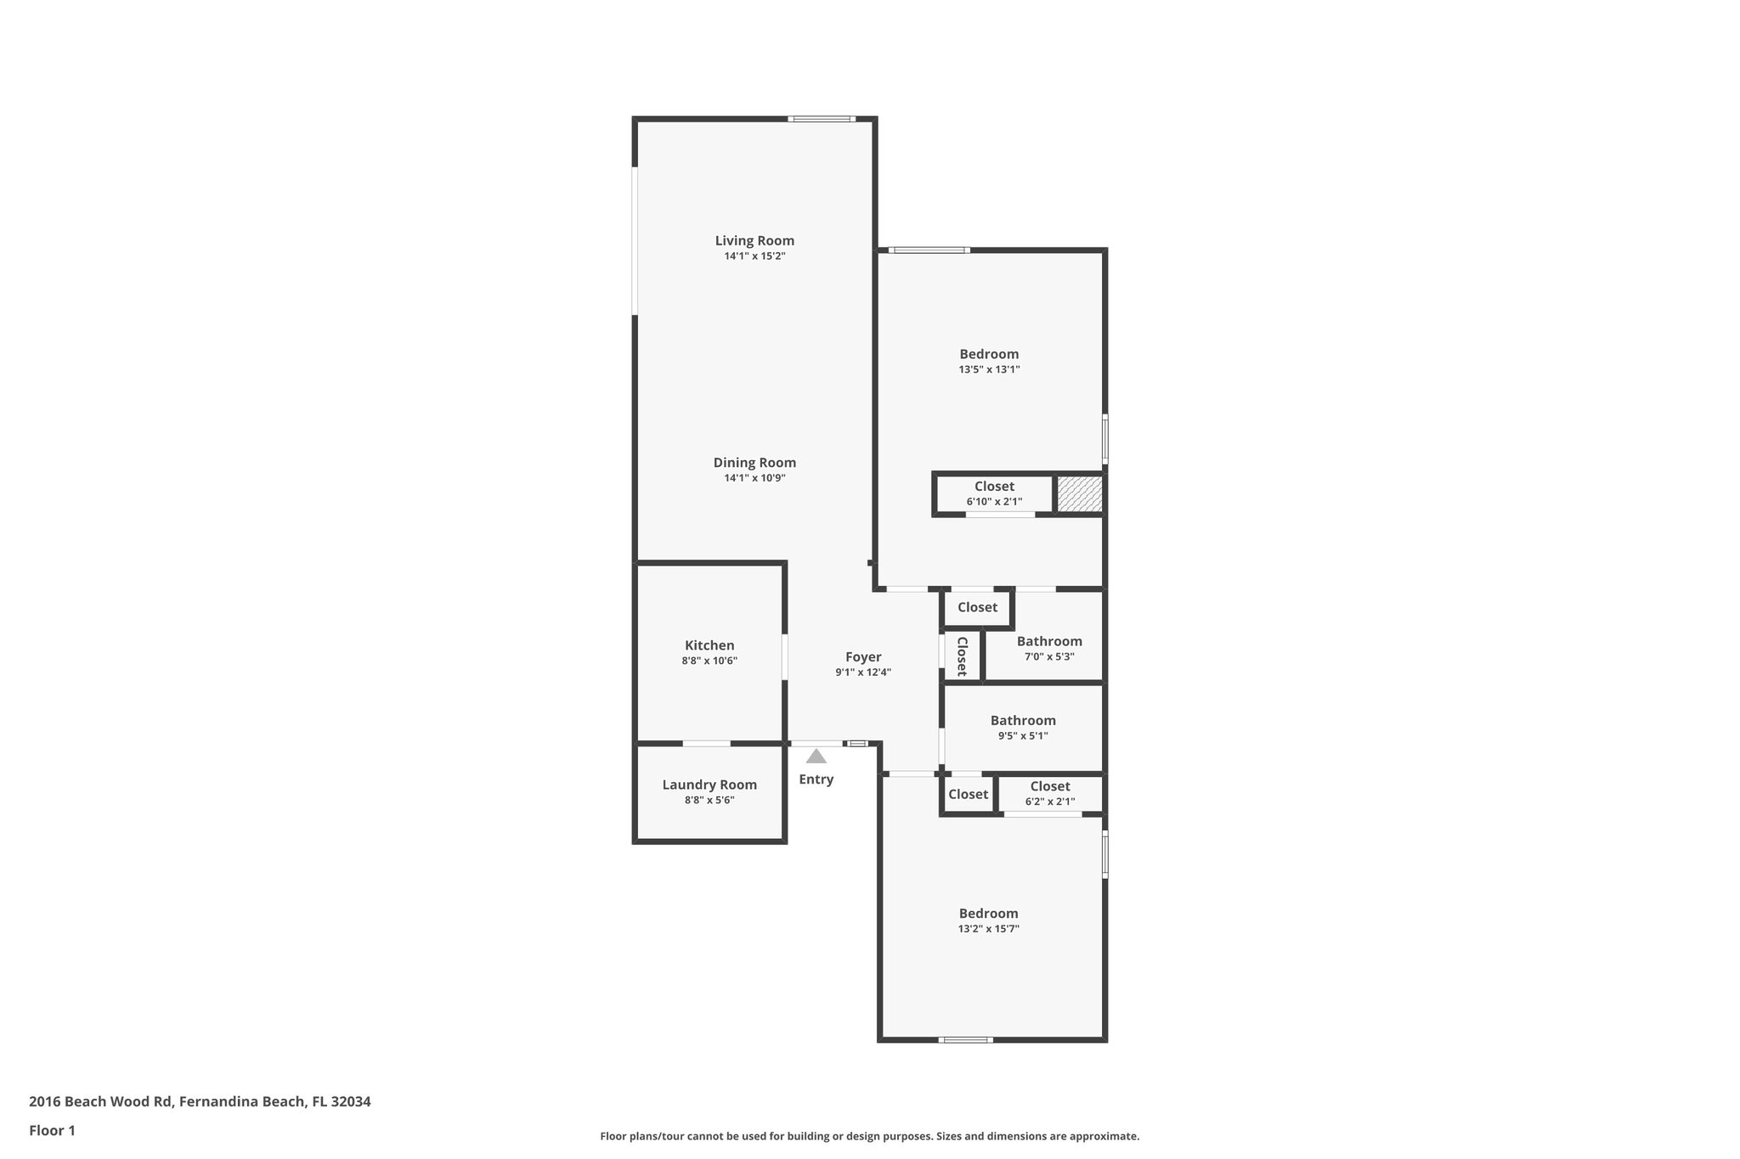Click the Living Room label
point(754,240)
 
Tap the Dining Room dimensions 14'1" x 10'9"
point(754,478)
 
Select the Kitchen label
point(709,645)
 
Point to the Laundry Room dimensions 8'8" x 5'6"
point(709,800)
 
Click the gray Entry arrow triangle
point(816,757)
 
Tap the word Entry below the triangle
point(816,779)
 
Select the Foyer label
point(863,656)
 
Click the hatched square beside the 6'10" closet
point(1079,494)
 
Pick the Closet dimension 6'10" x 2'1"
point(994,502)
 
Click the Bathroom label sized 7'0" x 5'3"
point(1049,641)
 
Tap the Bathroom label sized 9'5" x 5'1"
point(1023,720)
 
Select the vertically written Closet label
point(962,655)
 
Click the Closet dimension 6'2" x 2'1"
point(1050,802)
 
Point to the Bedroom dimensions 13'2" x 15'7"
point(988,929)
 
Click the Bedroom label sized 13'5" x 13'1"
point(989,354)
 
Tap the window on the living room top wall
point(821,119)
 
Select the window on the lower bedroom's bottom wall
point(965,1039)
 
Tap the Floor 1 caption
point(53,1130)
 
